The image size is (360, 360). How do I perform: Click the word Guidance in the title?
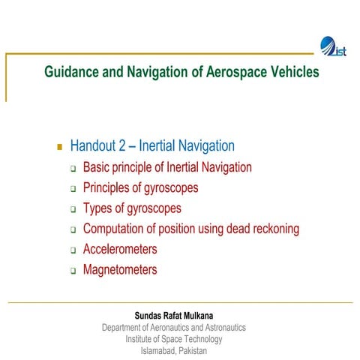pyautogui.click(x=73, y=73)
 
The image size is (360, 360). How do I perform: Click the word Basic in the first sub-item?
pyautogui.click(x=97, y=167)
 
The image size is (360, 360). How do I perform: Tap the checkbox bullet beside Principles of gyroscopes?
pyautogui.click(x=73, y=189)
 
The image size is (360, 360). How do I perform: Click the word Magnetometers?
pyautogui.click(x=120, y=269)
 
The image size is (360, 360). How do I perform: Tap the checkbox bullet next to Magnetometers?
pyautogui.click(x=73, y=271)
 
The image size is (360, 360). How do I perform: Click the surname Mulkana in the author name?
pyautogui.click(x=205, y=316)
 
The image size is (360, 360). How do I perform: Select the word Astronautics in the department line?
pyautogui.click(x=220, y=328)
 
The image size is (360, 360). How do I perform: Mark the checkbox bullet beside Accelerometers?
pyautogui.click(x=73, y=250)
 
